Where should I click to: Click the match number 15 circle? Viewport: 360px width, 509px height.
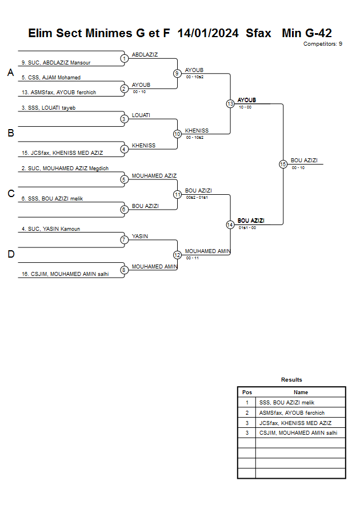[283, 164]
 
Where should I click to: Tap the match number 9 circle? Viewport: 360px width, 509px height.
[177, 73]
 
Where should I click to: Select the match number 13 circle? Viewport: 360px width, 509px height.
[230, 104]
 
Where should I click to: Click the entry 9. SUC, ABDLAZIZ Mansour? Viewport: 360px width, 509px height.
[56, 62]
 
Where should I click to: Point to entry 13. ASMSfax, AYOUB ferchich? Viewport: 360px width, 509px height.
[59, 93]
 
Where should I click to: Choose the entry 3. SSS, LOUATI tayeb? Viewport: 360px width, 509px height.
[49, 107]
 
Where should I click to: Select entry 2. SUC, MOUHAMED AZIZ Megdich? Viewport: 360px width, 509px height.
[65, 169]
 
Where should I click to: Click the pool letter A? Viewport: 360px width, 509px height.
[10, 73]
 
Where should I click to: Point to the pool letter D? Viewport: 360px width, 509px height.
[10, 254]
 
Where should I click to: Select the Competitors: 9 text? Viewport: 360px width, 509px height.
[323, 44]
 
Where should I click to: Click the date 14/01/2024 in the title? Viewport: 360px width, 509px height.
[208, 33]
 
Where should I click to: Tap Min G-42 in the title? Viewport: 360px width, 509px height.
[307, 33]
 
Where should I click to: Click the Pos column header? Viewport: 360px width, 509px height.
[247, 392]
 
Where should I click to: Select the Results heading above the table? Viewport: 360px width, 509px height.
[291, 380]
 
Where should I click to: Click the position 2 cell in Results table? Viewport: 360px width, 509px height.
[247, 413]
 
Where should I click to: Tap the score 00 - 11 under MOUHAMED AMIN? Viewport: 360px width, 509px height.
[193, 258]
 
